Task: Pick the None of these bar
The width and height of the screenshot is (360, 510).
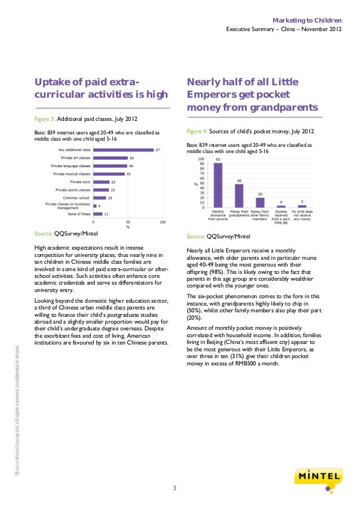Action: pyautogui.click(x=96, y=215)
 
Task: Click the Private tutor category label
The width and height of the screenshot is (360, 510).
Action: pyautogui.click(x=79, y=182)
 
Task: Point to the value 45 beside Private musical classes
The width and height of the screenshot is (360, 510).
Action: pyautogui.click(x=129, y=174)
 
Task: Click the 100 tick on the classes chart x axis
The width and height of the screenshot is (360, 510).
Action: pyautogui.click(x=163, y=223)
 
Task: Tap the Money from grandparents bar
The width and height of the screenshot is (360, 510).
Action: pyautogui.click(x=239, y=195)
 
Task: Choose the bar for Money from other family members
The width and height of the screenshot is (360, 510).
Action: pyautogui.click(x=260, y=202)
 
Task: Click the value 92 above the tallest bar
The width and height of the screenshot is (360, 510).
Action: pyautogui.click(x=217, y=160)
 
